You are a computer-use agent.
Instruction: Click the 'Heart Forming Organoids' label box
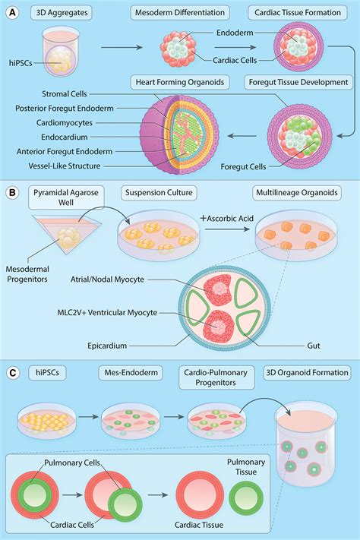pyautogui.click(x=179, y=82)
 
